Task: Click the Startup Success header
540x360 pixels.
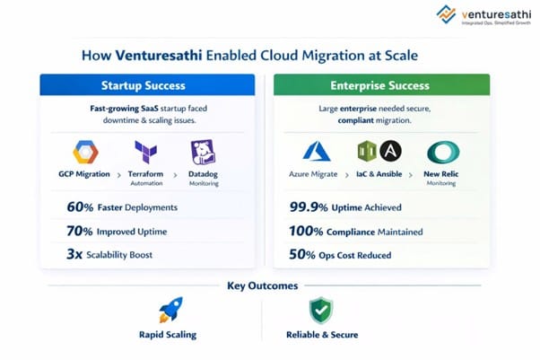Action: coord(146,85)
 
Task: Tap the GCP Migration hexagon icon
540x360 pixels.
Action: coord(85,151)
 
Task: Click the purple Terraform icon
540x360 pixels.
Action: coord(146,151)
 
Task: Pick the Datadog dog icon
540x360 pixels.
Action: coord(203,151)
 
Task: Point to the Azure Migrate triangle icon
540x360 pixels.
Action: coord(316,151)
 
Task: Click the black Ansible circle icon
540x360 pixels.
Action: coord(390,150)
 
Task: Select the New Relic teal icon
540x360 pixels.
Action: coord(440,151)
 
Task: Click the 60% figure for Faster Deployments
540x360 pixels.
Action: coord(80,207)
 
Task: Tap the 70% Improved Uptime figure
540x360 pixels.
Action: coord(80,231)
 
